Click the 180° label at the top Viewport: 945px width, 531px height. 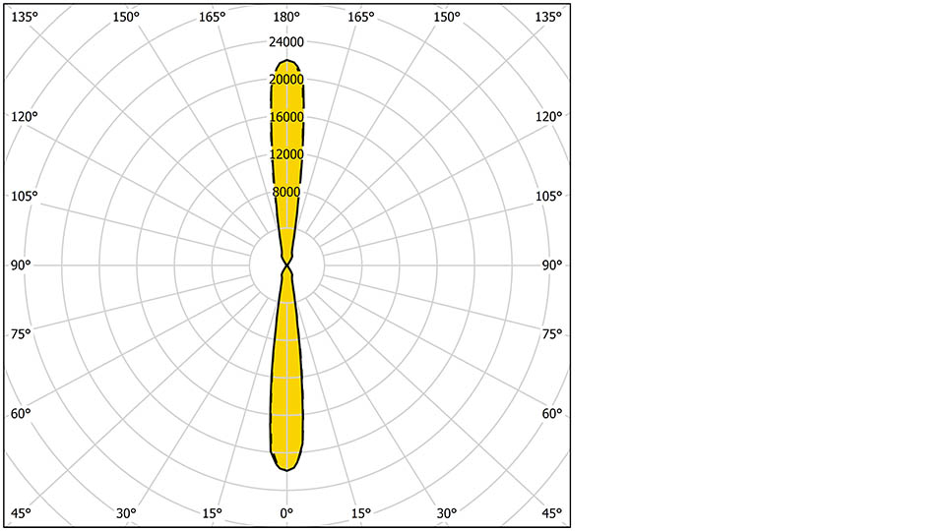pyautogui.click(x=286, y=17)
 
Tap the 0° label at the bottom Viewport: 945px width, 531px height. pyautogui.click(x=286, y=513)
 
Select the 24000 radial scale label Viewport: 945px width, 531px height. pyautogui.click(x=286, y=41)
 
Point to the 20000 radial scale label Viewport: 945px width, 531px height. pyautogui.click(x=286, y=80)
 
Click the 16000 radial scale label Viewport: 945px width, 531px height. pyautogui.click(x=286, y=117)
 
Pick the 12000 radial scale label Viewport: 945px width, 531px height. pyautogui.click(x=286, y=154)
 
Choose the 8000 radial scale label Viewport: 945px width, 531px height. pyautogui.click(x=286, y=192)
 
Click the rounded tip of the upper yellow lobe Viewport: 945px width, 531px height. pyautogui.click(x=286, y=60)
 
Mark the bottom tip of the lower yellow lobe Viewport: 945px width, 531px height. pyautogui.click(x=286, y=470)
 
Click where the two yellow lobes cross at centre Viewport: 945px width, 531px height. pyautogui.click(x=286, y=265)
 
